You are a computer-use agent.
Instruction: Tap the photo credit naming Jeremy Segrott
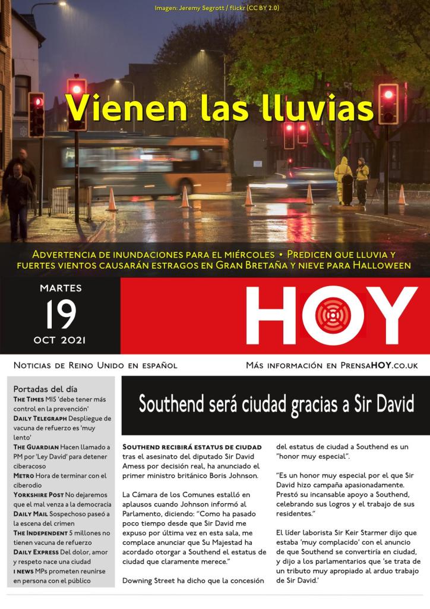tap(217, 8)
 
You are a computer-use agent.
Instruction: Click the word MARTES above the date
tap(61, 288)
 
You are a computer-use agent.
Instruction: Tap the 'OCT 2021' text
tap(61, 340)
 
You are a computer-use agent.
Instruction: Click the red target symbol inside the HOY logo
tap(333, 315)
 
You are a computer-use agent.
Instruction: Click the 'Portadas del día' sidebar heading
tap(45, 389)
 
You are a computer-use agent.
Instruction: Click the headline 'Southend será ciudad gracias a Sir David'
tap(276, 404)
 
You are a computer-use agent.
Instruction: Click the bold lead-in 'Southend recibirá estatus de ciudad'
tap(191, 447)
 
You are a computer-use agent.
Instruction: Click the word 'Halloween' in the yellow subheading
tap(380, 265)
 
